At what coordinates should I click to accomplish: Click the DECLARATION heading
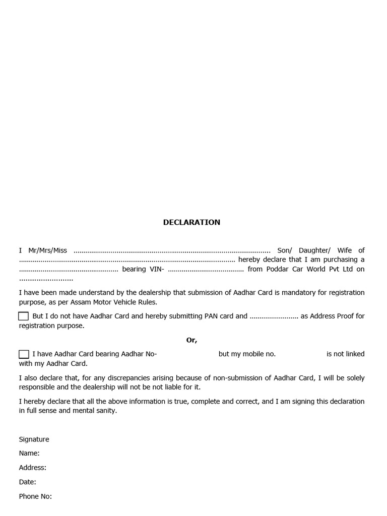[191, 222]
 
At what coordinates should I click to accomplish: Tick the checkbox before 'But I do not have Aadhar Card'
[24, 316]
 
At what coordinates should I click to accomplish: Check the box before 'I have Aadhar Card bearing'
[24, 354]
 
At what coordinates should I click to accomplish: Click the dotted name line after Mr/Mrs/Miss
[172, 251]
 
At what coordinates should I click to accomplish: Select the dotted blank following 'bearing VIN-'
[206, 270]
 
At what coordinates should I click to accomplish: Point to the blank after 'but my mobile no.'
[301, 354]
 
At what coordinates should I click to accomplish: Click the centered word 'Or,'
[191, 340]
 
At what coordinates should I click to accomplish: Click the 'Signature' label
[34, 439]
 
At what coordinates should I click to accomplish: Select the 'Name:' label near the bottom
[29, 454]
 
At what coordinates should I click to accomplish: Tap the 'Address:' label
[33, 468]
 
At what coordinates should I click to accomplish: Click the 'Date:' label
[28, 482]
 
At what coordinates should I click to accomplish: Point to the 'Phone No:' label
[35, 496]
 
